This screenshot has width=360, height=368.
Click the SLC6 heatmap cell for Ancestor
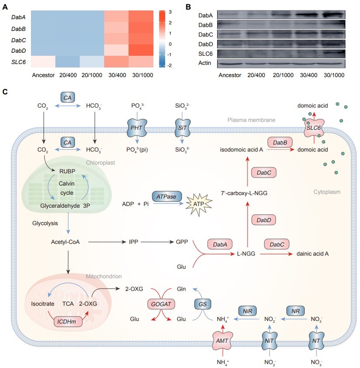click(43, 62)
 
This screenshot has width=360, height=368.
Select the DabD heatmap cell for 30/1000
click(141, 50)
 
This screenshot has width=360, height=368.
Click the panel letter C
click(5, 92)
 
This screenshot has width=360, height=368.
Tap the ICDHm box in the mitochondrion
click(68, 323)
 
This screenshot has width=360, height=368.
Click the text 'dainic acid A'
click(313, 253)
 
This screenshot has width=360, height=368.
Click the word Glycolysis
click(45, 223)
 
